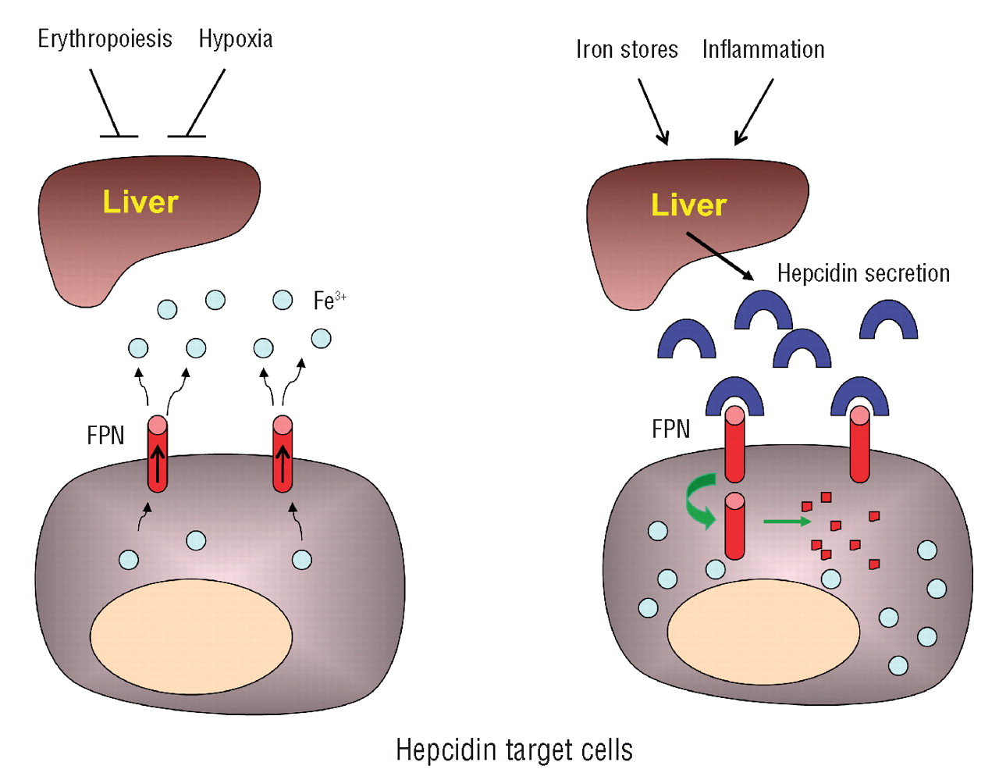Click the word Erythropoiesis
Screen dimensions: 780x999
[x=105, y=39]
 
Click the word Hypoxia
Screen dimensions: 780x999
[x=236, y=39]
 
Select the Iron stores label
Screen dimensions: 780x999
[x=627, y=50]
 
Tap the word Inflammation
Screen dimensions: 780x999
[x=763, y=50]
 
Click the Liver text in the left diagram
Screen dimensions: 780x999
[x=140, y=202]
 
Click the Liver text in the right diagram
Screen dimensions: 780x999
[x=688, y=205]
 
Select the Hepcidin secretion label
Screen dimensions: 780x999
[x=863, y=273]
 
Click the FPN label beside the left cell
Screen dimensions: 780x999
[x=105, y=435]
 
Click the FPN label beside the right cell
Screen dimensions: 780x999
[x=671, y=429]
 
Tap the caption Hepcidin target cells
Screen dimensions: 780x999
[x=514, y=750]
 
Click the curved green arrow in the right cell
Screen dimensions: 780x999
[x=697, y=504]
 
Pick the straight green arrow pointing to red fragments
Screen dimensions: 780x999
[x=787, y=521]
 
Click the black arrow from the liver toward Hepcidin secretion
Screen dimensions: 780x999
[x=720, y=256]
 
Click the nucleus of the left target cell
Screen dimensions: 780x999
[x=191, y=636]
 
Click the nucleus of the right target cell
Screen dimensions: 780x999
[x=763, y=631]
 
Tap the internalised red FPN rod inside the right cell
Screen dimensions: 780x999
[x=734, y=527]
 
